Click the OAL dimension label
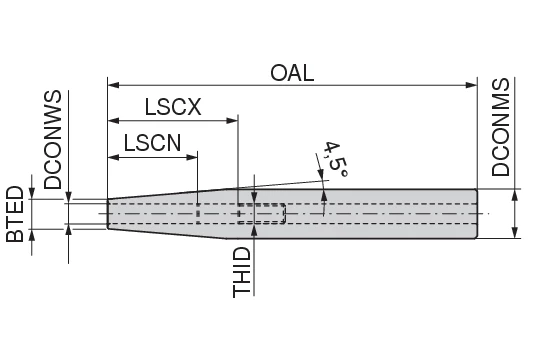292,73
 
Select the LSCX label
173,107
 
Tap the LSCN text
152,143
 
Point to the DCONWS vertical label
53,140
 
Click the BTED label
15,214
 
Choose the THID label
242,272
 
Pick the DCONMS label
500,127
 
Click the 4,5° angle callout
335,160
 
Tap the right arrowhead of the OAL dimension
471,85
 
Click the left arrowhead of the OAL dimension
113,85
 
